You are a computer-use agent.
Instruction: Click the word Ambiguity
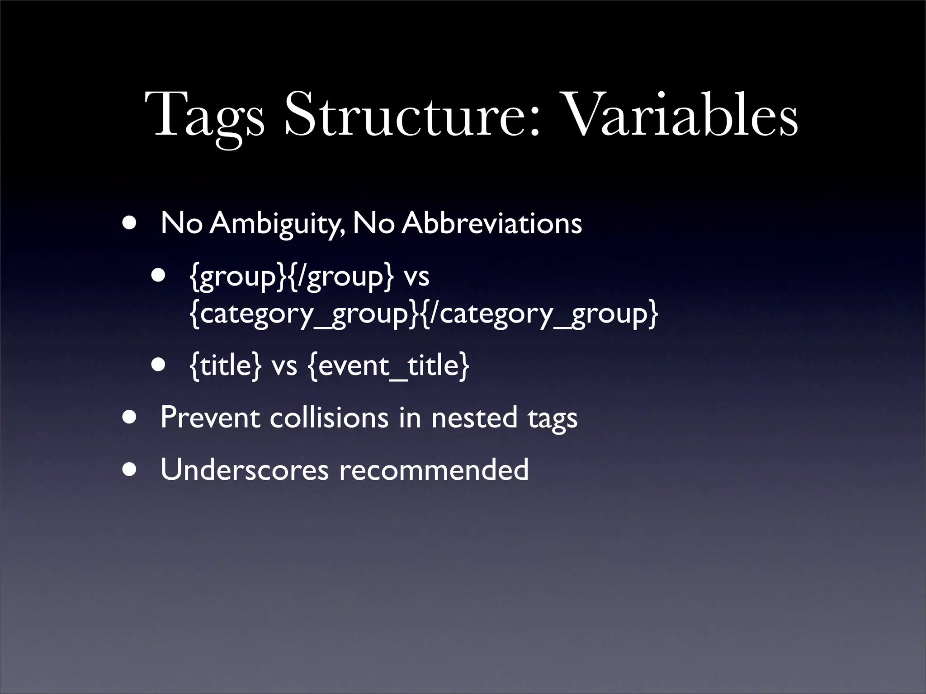pos(277,223)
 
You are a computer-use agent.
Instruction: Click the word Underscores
pos(244,469)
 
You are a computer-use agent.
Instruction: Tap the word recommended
pos(434,469)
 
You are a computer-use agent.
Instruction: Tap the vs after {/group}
pos(416,276)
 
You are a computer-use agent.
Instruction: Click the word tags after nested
pos(552,418)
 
